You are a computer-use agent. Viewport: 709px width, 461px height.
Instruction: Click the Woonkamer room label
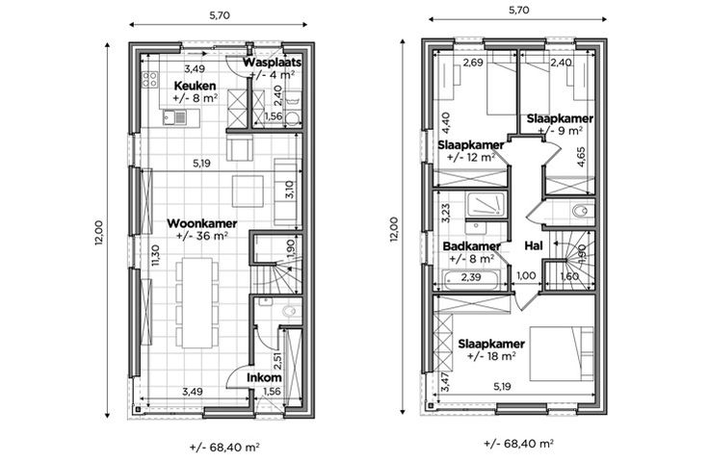pos(202,223)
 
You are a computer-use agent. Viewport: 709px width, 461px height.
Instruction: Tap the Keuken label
pos(195,86)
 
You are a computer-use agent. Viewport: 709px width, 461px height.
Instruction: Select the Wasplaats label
pos(272,63)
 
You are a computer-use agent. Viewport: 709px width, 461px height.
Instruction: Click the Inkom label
pos(264,377)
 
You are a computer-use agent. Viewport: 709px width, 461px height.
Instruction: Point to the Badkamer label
pos(472,246)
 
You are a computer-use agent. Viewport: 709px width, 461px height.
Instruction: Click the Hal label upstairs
pos(534,245)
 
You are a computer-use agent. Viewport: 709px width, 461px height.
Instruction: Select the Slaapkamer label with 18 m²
pos(491,344)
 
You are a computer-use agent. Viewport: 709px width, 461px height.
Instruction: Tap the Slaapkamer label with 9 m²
pos(560,119)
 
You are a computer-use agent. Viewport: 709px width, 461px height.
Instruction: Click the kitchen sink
pos(174,117)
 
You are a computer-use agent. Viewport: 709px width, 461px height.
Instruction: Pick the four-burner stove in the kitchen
pos(150,79)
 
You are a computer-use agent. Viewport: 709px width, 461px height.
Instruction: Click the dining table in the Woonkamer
pos(197,302)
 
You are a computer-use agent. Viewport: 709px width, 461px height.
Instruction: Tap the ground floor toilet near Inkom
pos(288,311)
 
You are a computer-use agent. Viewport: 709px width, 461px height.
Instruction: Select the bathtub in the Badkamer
pos(471,280)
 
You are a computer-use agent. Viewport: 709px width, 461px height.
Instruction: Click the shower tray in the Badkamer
pos(486,204)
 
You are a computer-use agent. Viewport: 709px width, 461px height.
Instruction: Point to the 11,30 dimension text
pos(155,255)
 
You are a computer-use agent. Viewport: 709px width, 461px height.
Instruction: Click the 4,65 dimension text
pos(582,157)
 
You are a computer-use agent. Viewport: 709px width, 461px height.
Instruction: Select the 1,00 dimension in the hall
pos(526,275)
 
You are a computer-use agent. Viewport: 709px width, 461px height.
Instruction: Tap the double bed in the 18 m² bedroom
pos(562,353)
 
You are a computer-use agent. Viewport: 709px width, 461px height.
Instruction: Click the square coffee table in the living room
pos(248,191)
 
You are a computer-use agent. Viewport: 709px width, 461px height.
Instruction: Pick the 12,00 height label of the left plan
pos(99,233)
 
